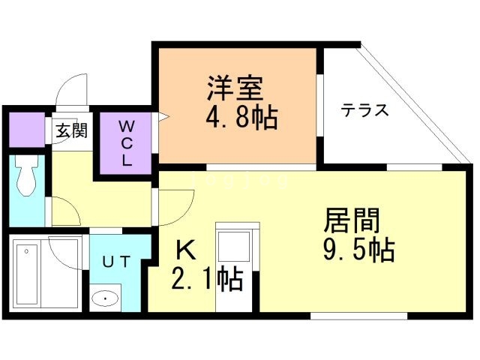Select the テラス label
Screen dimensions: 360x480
364,110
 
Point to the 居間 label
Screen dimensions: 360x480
352,220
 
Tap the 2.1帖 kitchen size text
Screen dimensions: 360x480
207,279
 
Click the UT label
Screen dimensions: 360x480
116,262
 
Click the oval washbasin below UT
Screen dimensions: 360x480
106,299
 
